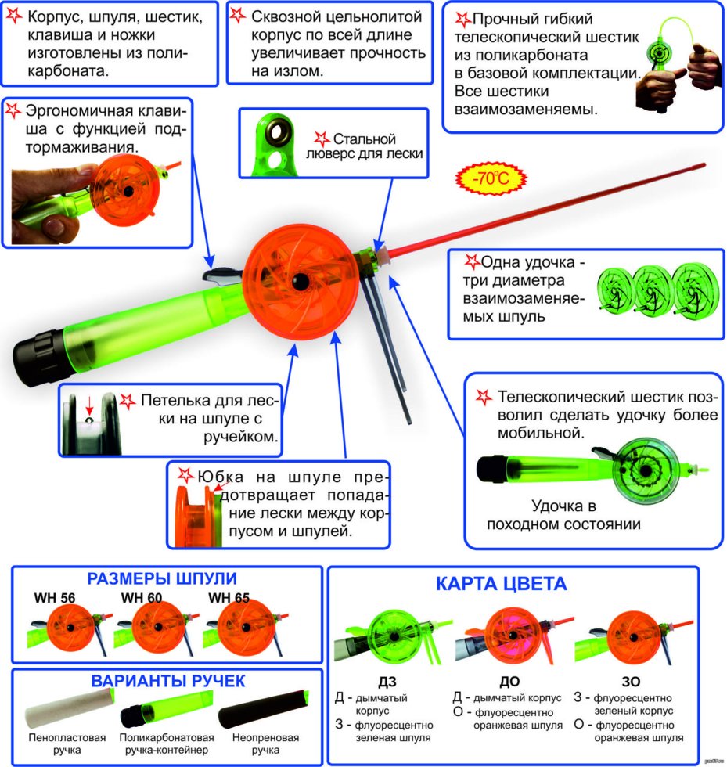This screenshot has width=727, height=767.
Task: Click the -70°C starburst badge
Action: click(491, 178)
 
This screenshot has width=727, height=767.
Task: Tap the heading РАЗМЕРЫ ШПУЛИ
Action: click(162, 578)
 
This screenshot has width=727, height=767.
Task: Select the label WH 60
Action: click(142, 598)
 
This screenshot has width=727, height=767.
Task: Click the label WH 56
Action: click(55, 598)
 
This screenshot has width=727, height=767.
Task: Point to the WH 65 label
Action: click(229, 598)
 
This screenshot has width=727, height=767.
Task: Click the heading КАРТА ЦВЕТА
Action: click(502, 584)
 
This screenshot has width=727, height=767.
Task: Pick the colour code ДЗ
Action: click(387, 682)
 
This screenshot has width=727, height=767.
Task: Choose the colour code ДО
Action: click(509, 682)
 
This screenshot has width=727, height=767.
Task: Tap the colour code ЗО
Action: click(631, 682)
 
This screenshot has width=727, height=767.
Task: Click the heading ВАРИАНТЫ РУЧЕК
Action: click(167, 681)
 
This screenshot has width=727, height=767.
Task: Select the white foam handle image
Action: click(70, 709)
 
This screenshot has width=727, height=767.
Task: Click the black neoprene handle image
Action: click(264, 709)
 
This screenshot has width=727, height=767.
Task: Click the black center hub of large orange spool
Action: click(301, 281)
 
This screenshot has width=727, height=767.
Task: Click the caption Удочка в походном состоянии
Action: click(563, 515)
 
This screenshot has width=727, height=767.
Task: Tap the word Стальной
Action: click(364, 139)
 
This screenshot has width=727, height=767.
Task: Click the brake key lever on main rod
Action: click(222, 275)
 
